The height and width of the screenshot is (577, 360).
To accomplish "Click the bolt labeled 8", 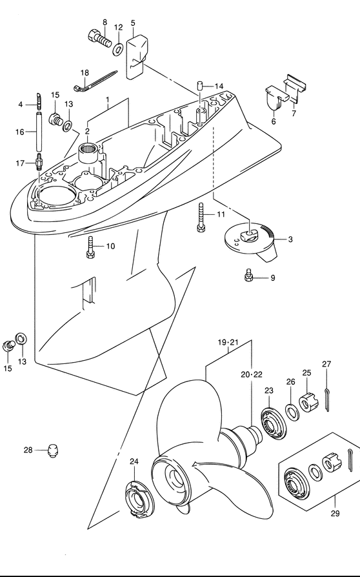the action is pos(99,39).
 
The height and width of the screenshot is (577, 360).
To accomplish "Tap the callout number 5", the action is pos(133,23).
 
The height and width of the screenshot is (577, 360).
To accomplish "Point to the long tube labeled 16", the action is pos(39,132).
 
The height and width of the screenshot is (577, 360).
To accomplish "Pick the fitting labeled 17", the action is pos(38,162).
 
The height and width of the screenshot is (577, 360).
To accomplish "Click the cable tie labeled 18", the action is pos(95,81).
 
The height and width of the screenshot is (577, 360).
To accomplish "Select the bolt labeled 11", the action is pos(201,218).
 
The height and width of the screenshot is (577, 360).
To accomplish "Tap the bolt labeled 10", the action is pos(91,247).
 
